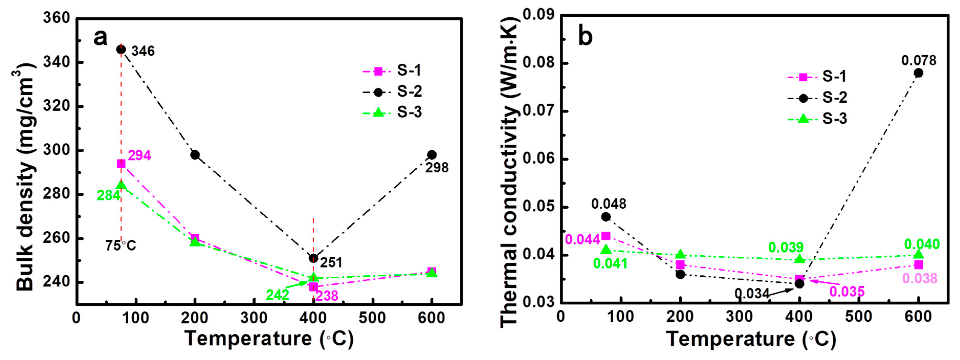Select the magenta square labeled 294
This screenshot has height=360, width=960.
click(x=121, y=164)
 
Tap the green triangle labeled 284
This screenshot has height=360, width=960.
click(x=121, y=185)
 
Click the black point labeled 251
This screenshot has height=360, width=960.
click(x=313, y=258)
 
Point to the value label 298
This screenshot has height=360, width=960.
click(x=437, y=168)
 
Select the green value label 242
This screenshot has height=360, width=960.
click(x=277, y=295)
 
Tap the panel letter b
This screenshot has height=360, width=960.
click(x=585, y=37)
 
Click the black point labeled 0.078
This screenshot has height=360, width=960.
click(x=918, y=73)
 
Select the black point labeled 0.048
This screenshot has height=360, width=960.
click(x=606, y=217)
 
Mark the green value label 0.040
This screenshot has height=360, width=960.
click(x=922, y=244)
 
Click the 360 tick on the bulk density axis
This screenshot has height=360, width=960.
click(x=57, y=18)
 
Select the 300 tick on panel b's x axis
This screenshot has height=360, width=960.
click(x=740, y=317)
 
